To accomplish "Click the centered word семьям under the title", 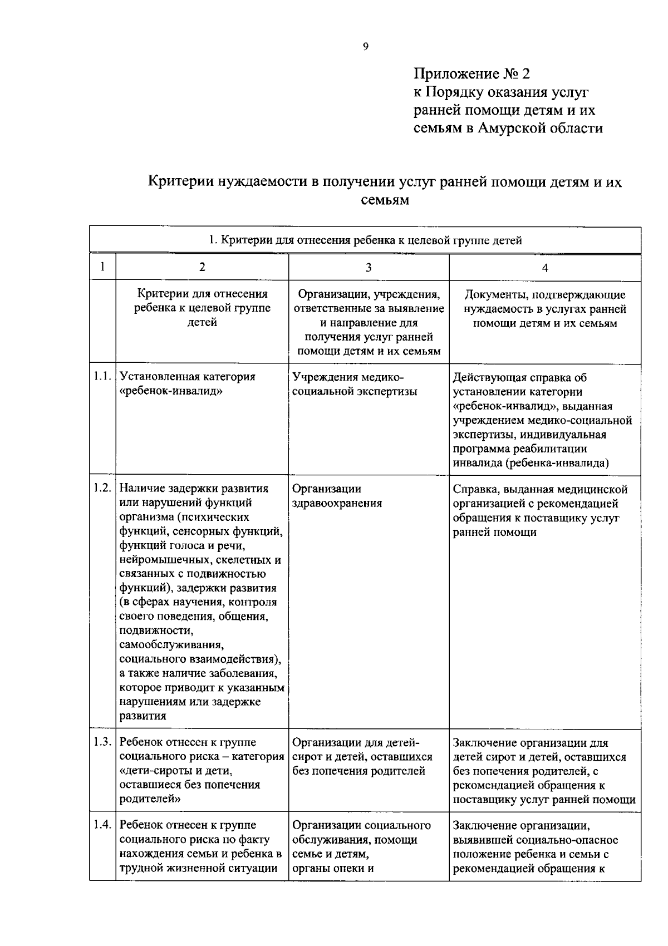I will (385, 200).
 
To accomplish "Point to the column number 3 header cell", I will (368, 268).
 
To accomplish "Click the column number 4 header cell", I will (545, 268).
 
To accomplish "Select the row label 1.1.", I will (102, 377).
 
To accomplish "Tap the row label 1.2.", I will (102, 488).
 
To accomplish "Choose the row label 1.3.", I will (102, 742).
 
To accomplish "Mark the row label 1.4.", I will (102, 825).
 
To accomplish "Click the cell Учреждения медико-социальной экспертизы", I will (354, 384).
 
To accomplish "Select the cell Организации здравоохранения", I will (337, 496).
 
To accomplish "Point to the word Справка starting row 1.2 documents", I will (472, 489).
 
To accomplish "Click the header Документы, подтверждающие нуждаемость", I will (544, 309).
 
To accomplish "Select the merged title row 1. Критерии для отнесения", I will (365, 240).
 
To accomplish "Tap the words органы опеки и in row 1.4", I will (332, 868).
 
